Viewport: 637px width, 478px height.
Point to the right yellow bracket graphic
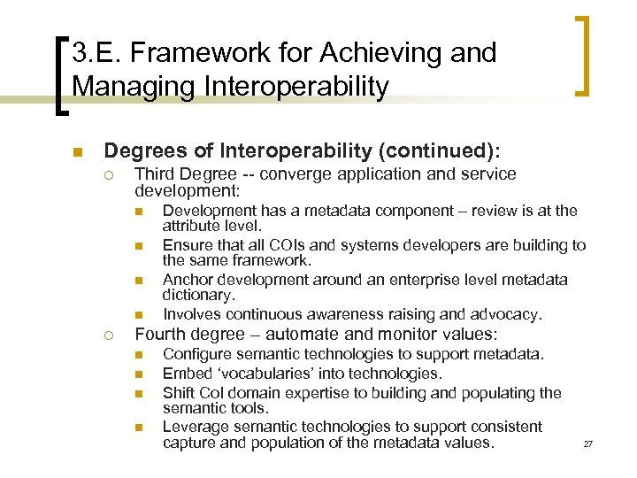tap(583, 55)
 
